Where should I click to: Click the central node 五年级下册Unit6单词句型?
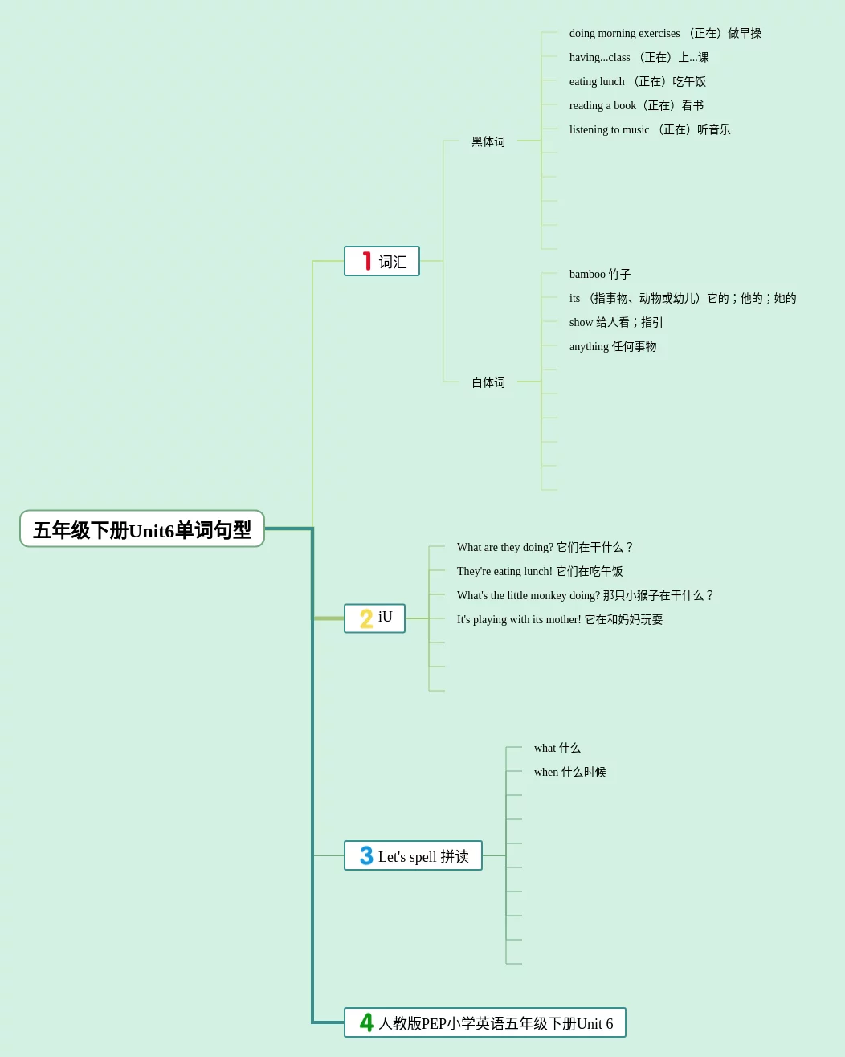coord(142,529)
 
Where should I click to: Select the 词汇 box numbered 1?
coord(382,261)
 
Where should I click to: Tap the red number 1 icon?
coord(367,261)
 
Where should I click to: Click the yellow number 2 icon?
coord(366,618)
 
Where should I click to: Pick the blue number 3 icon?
coord(366,855)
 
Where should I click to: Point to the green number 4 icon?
coord(366,1022)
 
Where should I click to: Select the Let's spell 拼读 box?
coord(413,855)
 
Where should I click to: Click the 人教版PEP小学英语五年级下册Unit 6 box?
coord(485,1022)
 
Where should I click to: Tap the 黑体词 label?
coord(488,141)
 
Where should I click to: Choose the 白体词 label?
coord(488,382)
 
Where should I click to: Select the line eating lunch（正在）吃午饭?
coord(638,81)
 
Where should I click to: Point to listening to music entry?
coord(650,129)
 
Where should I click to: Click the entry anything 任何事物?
coord(613,346)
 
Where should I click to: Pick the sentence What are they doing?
coord(545,547)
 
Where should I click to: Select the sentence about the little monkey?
coord(584,595)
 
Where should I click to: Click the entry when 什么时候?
coord(570,772)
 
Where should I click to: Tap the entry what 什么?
coord(557,748)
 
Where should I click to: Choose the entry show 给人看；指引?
coord(616,322)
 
